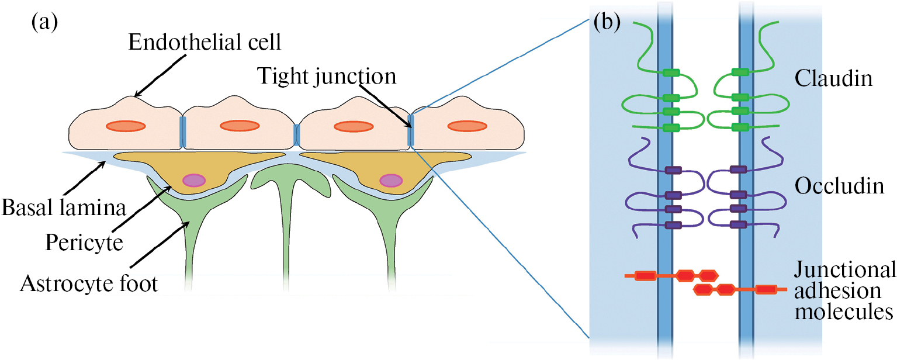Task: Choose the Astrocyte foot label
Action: coord(89,284)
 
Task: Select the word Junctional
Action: coord(844,271)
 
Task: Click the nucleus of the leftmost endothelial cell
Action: coord(125,126)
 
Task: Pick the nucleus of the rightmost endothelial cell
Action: coord(467,126)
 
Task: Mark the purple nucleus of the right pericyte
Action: coord(390,181)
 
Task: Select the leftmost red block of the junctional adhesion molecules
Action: coord(645,275)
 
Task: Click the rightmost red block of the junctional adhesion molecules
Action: coord(766,289)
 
